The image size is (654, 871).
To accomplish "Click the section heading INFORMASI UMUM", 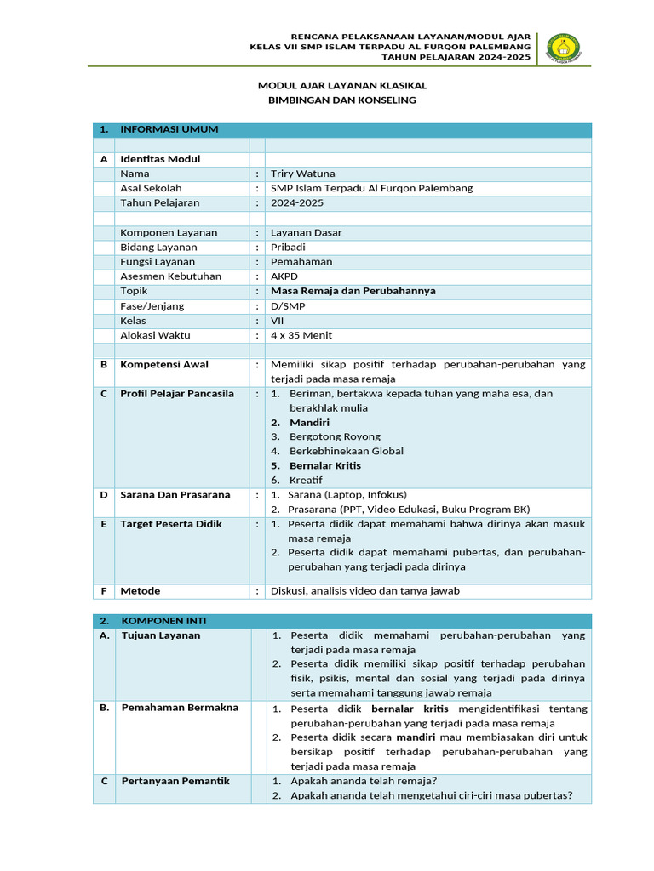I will (169, 129).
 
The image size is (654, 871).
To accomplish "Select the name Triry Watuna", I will (302, 174).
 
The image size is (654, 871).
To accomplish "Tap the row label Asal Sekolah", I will (151, 188).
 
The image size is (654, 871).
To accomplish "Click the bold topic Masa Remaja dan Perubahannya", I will (353, 291).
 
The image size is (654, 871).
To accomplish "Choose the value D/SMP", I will (288, 305).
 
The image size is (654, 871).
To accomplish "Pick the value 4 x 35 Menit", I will (301, 335).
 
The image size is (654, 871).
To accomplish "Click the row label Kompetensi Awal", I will (164, 364).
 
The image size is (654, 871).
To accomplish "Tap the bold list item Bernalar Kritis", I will (325, 465).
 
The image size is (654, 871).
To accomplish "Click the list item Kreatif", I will (306, 481).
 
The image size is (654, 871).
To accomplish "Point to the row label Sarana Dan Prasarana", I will (175, 494).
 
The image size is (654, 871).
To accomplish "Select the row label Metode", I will (141, 590).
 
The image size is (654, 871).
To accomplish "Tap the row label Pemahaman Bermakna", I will (180, 708).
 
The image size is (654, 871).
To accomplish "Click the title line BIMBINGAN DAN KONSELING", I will (342, 100).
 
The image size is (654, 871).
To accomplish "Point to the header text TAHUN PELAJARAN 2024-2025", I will (456, 57).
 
